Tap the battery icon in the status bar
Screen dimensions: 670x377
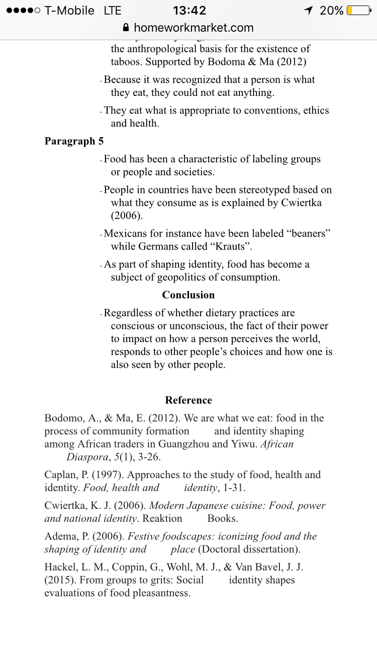[x=359, y=11]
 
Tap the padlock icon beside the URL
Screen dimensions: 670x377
[x=126, y=28]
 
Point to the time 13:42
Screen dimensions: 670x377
[x=189, y=11]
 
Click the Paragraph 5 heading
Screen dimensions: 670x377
[x=74, y=141]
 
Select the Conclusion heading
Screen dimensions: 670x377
[x=188, y=295]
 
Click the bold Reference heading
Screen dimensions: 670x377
[x=189, y=400]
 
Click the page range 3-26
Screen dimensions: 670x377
[x=149, y=457]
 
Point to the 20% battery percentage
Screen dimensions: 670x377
[x=332, y=11]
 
